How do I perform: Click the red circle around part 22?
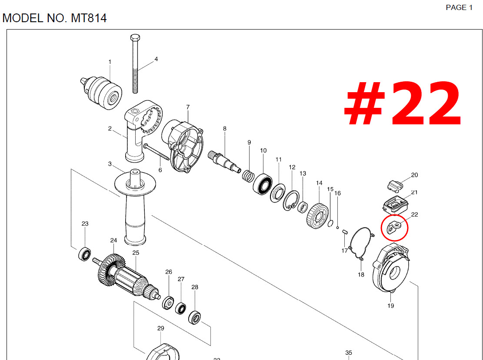pos(382,228)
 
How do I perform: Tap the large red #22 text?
pos(402,103)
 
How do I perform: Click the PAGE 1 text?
pos(459,7)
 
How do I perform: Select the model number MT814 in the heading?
pos(89,18)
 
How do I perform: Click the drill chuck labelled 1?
pos(102,93)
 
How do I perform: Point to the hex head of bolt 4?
pos(135,38)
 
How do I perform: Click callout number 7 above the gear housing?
pos(188,107)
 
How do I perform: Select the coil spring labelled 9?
pos(248,176)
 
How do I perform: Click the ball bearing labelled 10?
pos(263,184)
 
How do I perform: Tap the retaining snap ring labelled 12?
pos(291,200)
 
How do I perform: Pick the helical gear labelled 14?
pos(318,216)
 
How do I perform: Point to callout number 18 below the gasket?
pos(361,274)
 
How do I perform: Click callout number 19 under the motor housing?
pos(390,306)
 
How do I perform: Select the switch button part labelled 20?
pos(395,186)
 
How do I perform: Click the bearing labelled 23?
pos(84,254)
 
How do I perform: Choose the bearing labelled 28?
pos(195,317)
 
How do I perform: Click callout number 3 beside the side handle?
pos(110,164)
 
